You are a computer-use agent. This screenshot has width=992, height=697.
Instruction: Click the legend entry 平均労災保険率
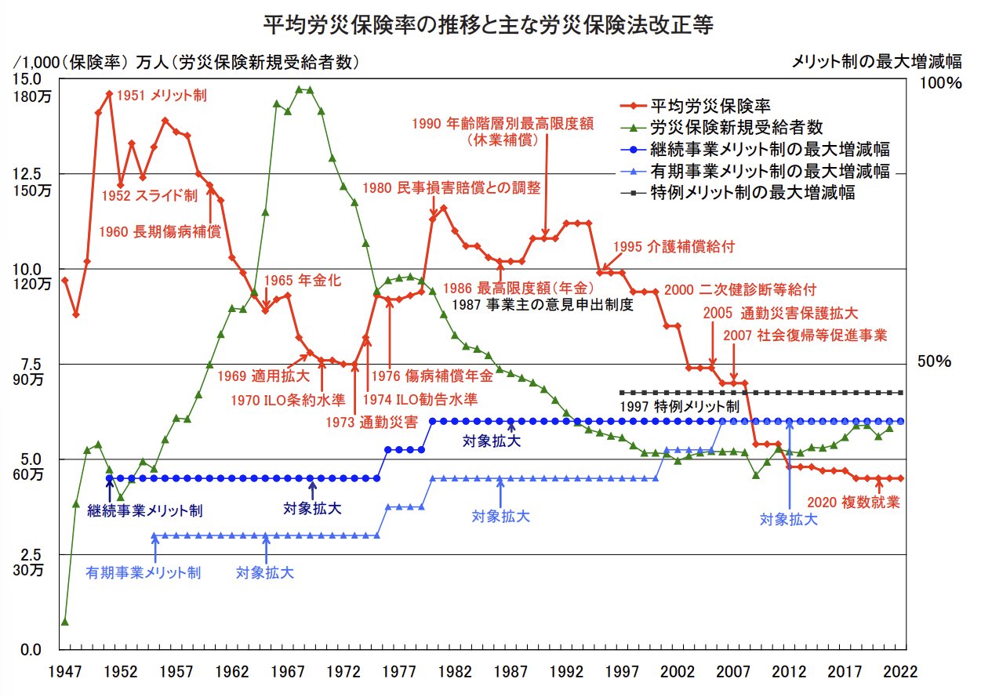point(710,106)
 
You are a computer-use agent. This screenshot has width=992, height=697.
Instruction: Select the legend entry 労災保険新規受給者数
point(736,127)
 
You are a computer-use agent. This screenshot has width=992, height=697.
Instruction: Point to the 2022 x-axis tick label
point(899,673)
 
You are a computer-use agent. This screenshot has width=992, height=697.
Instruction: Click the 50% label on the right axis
point(935,361)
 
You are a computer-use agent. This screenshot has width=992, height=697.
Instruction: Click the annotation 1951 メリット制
point(162,96)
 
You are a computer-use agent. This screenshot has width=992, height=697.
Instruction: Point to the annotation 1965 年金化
point(303,281)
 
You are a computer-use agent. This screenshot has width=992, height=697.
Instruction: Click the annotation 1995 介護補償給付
point(674,246)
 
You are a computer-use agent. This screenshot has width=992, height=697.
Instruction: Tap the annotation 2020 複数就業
point(854,503)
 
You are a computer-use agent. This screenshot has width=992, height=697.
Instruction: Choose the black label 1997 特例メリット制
point(679,407)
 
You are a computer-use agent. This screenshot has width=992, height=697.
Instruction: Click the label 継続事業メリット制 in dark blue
point(145,511)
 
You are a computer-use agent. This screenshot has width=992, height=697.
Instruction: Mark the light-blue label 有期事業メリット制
point(144,572)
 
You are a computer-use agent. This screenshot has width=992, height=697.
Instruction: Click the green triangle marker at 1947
point(64,622)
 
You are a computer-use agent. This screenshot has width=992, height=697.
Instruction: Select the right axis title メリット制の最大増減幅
point(877,61)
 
